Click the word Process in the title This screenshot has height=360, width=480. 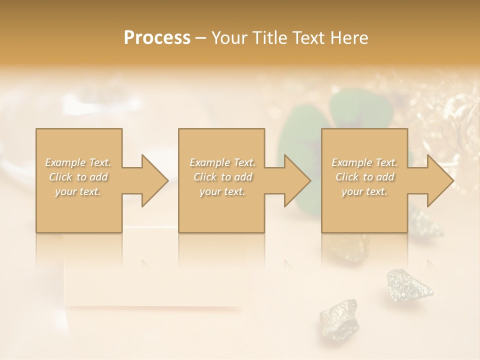[x=157, y=38]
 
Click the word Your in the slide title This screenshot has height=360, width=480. [x=230, y=38]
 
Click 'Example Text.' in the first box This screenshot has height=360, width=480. [x=78, y=162]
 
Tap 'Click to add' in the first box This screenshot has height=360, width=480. [x=78, y=177]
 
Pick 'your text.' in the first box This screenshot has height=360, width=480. [x=78, y=191]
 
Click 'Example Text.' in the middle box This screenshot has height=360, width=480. [x=222, y=162]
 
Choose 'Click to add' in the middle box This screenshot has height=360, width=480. [x=222, y=177]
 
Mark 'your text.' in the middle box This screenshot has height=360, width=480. [x=222, y=191]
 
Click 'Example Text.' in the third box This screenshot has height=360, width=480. [x=364, y=162]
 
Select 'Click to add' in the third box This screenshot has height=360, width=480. [x=364, y=177]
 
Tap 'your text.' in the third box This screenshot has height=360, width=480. [x=364, y=191]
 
